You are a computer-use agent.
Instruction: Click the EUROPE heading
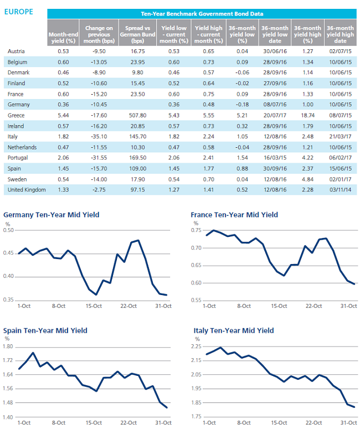[19, 12]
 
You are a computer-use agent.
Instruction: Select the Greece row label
[16, 115]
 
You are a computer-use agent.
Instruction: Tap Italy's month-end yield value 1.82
[63, 137]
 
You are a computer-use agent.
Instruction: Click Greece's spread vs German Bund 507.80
[137, 115]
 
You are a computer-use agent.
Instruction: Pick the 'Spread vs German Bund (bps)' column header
[137, 34]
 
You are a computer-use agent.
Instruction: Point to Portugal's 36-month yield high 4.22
[308, 158]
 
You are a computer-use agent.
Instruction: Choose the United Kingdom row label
[27, 190]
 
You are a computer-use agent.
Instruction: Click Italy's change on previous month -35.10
[99, 137]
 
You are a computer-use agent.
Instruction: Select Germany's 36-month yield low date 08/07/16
[275, 105]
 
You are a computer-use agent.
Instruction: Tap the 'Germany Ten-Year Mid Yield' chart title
[51, 215]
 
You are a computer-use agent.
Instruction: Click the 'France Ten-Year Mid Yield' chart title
[234, 215]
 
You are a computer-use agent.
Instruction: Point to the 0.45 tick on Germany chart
[8, 253]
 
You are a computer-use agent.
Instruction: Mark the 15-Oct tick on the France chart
[279, 306]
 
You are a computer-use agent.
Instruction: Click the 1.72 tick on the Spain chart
[8, 360]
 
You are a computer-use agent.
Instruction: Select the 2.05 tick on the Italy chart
[196, 374]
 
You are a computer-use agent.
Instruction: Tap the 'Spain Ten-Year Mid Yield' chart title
[45, 330]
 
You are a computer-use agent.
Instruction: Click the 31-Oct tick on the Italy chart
[349, 423]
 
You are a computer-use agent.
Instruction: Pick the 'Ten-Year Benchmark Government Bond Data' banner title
[202, 14]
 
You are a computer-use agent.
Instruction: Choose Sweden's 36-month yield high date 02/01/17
[340, 179]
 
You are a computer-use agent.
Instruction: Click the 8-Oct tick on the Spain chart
[59, 423]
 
